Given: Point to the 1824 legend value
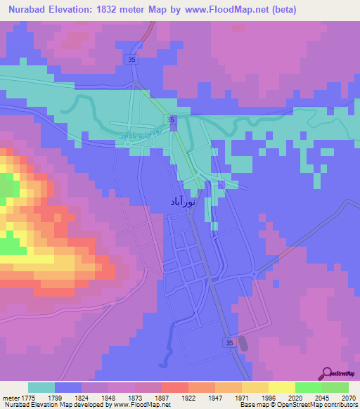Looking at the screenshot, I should pos(82,396).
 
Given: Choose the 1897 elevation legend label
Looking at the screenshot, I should pos(162,396).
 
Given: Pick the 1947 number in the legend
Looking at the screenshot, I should pos(215,396).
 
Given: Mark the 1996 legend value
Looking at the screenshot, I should pos(269,396).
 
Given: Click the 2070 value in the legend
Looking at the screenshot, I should pos(349,396).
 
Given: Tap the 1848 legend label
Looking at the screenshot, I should pos(108,396).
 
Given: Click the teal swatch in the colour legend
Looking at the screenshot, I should pos(41,387).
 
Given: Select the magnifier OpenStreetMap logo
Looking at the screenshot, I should pos(328,373).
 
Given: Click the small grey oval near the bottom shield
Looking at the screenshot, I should pos(243,343).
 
